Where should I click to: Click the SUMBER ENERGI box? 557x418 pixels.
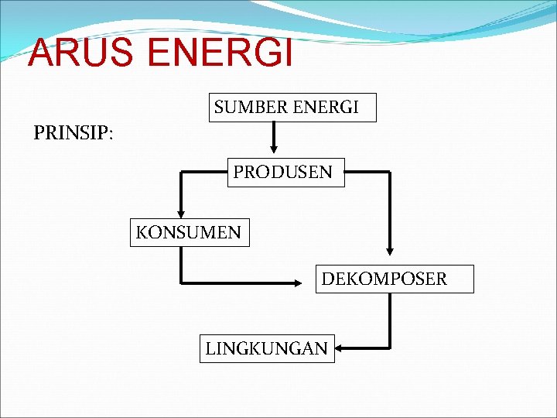(x=292, y=108)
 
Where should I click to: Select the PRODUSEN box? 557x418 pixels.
(x=282, y=172)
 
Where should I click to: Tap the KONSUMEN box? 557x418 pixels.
(x=190, y=231)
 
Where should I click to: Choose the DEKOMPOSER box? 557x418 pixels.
(x=394, y=279)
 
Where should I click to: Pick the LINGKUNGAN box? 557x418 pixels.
(x=267, y=348)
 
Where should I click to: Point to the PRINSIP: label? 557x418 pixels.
(x=73, y=133)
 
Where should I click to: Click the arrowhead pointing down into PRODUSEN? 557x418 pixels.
(x=272, y=151)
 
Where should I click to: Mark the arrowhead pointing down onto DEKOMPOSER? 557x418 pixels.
(x=389, y=251)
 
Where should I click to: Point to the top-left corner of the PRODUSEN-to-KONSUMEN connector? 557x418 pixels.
(x=181, y=173)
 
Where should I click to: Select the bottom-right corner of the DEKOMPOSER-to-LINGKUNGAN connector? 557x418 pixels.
(x=390, y=348)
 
